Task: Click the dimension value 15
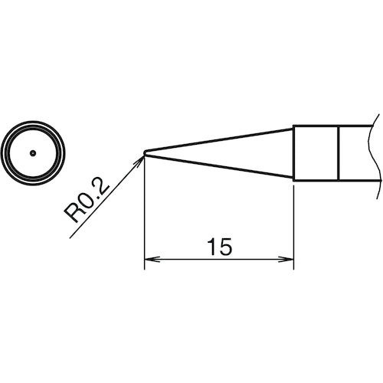click(219, 247)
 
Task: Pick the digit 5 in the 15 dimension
click(226, 247)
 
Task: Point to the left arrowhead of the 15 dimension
click(150, 261)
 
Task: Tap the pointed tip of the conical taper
click(146, 152)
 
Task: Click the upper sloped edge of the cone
click(222, 139)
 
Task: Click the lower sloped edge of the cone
click(222, 166)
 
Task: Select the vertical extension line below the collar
click(294, 222)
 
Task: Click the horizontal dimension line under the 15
click(184, 261)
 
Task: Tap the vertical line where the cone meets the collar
click(294, 152)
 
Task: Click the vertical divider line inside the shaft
click(339, 152)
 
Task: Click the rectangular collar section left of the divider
click(316, 152)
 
